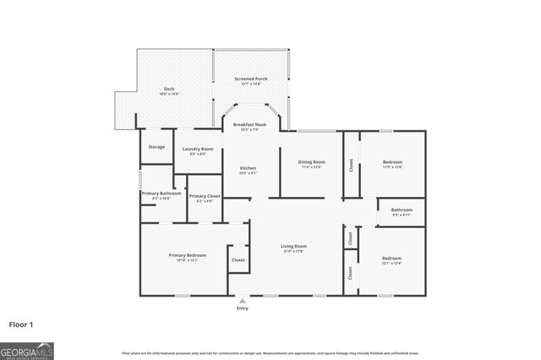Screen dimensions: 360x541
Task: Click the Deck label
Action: (169, 89)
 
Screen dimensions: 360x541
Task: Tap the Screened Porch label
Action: (251, 79)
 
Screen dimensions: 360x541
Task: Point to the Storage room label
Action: (156, 147)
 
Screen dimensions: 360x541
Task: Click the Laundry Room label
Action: (198, 149)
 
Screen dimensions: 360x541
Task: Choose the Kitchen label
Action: (248, 168)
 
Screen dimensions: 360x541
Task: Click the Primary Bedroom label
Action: (187, 254)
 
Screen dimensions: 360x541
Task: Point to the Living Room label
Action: (293, 247)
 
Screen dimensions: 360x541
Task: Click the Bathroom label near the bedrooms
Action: (402, 210)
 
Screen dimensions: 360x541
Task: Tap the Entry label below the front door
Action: (243, 309)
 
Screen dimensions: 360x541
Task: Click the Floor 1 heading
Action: (22, 324)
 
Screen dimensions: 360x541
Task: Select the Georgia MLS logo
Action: (27, 350)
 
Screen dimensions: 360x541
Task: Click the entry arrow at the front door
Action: (243, 300)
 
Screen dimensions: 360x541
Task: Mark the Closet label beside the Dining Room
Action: (350, 166)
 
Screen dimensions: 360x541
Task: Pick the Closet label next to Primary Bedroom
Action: (238, 259)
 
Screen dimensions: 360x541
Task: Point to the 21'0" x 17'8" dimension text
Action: (293, 252)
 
